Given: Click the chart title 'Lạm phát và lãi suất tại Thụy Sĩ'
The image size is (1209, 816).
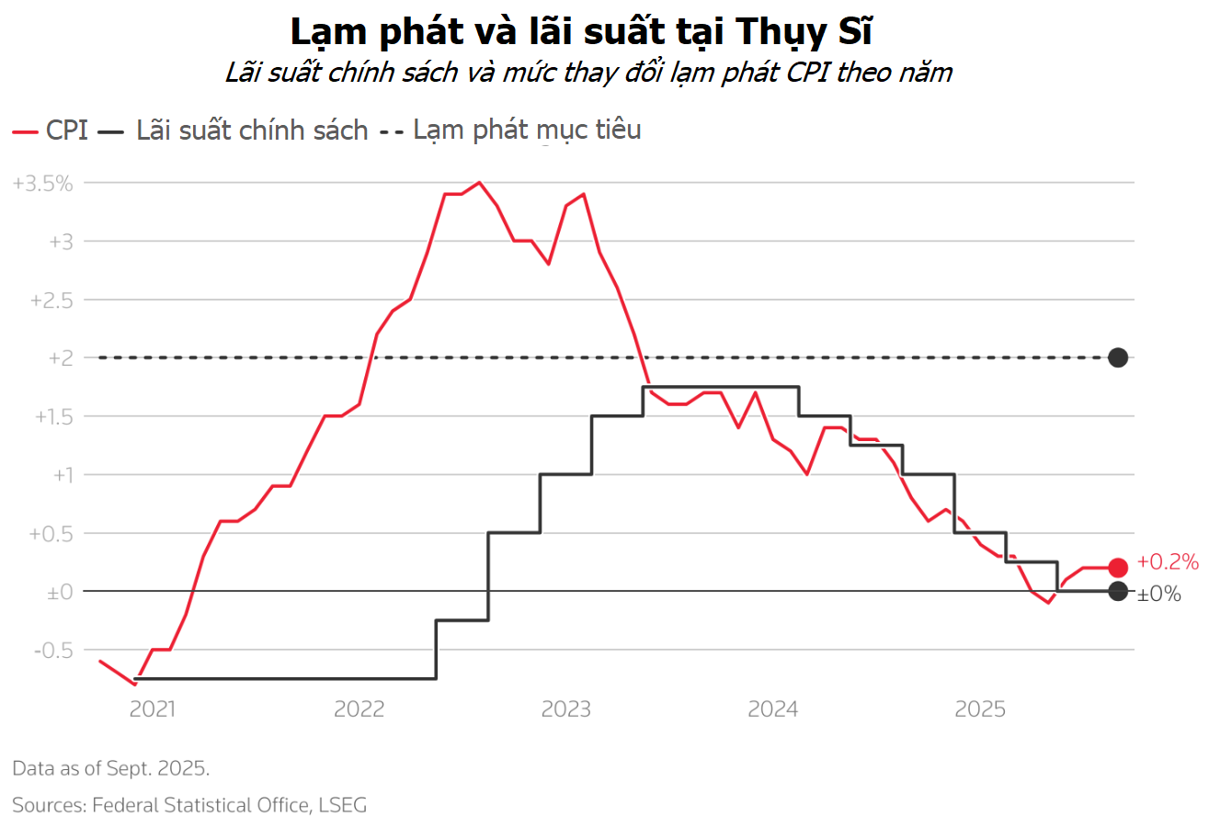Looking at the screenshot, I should [x=581, y=32].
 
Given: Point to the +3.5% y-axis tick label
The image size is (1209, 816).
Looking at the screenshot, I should [x=42, y=183].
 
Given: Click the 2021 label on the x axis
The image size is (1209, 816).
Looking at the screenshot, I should [x=153, y=708].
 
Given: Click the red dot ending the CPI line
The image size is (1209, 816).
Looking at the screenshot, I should [x=1118, y=568].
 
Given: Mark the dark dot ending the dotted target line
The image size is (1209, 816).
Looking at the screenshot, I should [x=1118, y=357].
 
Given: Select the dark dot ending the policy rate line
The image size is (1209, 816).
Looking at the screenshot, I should [x=1118, y=592].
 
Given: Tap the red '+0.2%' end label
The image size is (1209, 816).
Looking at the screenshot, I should [x=1168, y=561].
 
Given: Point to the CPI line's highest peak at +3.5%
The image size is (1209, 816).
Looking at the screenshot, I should [x=479, y=183].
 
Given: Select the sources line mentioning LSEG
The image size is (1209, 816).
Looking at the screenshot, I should [x=189, y=805].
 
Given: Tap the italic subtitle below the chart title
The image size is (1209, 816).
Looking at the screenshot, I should [x=588, y=73].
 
